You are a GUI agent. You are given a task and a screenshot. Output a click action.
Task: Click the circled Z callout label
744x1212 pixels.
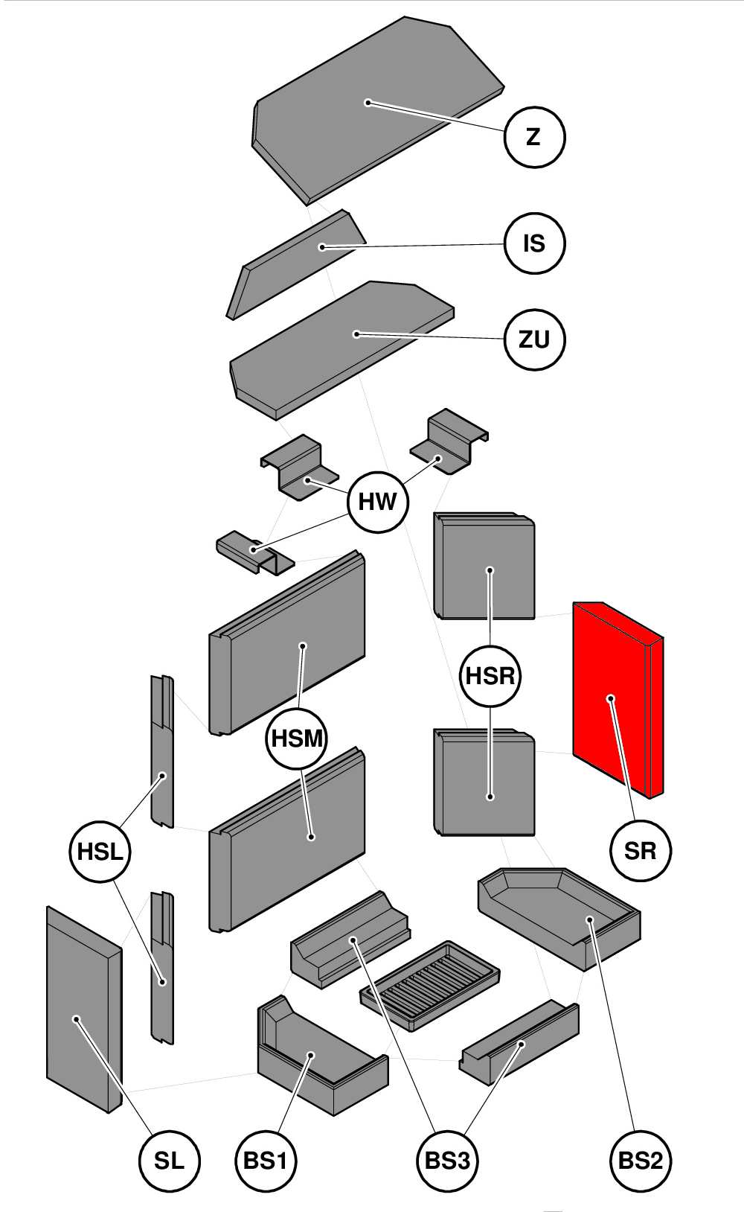click(x=534, y=137)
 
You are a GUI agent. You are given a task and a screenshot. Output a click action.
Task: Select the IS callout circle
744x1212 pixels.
click(x=534, y=243)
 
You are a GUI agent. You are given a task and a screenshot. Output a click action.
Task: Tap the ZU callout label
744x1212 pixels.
click(x=534, y=339)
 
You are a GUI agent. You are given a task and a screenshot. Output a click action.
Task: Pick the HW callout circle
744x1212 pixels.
click(x=378, y=502)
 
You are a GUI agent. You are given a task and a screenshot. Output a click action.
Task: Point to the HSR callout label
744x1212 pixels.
click(x=490, y=676)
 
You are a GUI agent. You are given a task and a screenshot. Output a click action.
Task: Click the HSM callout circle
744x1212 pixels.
click(x=297, y=739)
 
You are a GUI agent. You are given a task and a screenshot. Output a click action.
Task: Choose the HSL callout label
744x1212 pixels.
click(x=100, y=851)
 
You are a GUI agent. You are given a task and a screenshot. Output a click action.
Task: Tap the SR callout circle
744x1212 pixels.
click(x=641, y=850)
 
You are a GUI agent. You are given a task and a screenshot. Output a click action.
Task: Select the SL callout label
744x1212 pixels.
click(x=170, y=1161)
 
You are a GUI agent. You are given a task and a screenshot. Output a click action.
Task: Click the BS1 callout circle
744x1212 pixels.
click(x=266, y=1161)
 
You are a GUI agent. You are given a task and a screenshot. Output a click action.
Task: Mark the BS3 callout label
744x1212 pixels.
click(x=446, y=1161)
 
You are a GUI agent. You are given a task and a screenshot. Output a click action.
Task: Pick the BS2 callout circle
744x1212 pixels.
click(x=641, y=1161)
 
